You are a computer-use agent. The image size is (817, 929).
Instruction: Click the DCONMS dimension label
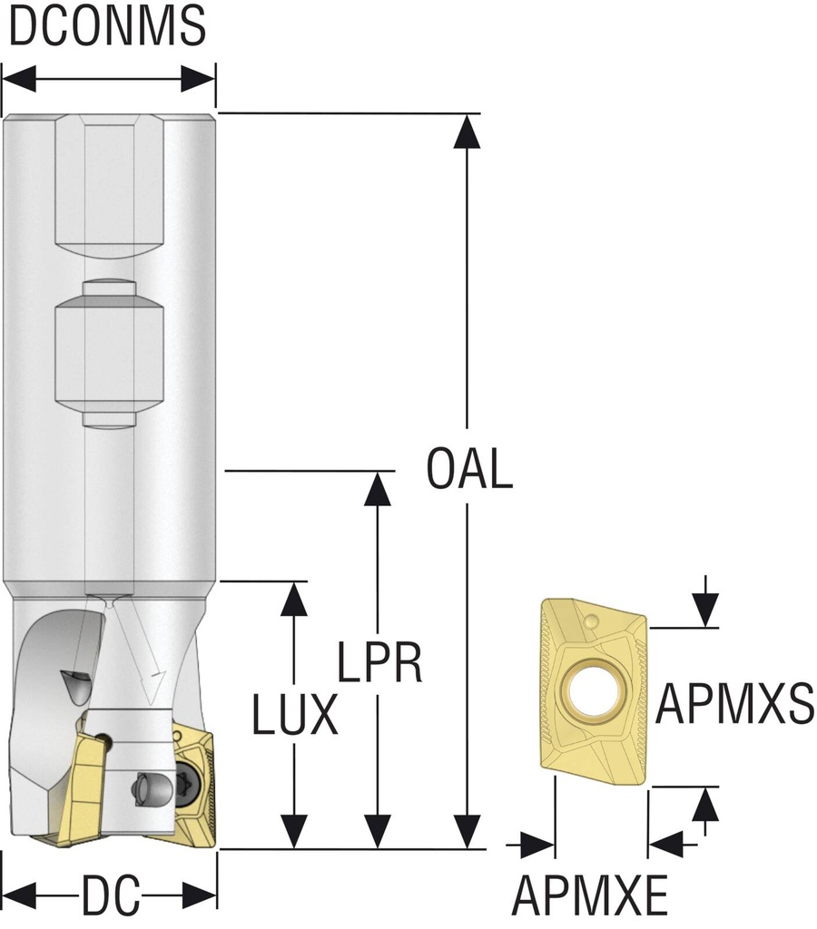point(107,27)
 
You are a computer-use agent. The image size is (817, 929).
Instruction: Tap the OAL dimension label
point(469,470)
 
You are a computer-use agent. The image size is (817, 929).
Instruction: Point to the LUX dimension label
point(295,716)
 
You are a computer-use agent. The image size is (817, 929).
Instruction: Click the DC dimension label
point(110,898)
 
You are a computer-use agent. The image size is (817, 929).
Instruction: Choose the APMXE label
point(589,896)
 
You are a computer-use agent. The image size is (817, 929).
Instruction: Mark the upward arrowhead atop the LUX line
point(292,599)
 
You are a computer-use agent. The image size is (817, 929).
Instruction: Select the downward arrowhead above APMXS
point(704,608)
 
